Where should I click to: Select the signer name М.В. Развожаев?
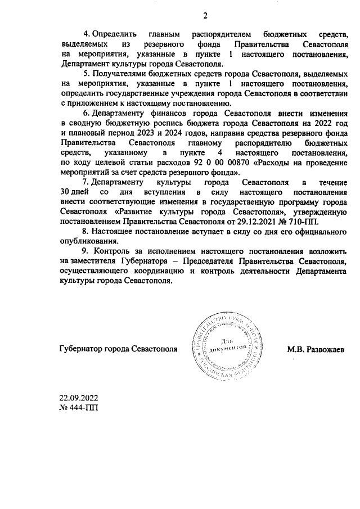pos(316,349)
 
